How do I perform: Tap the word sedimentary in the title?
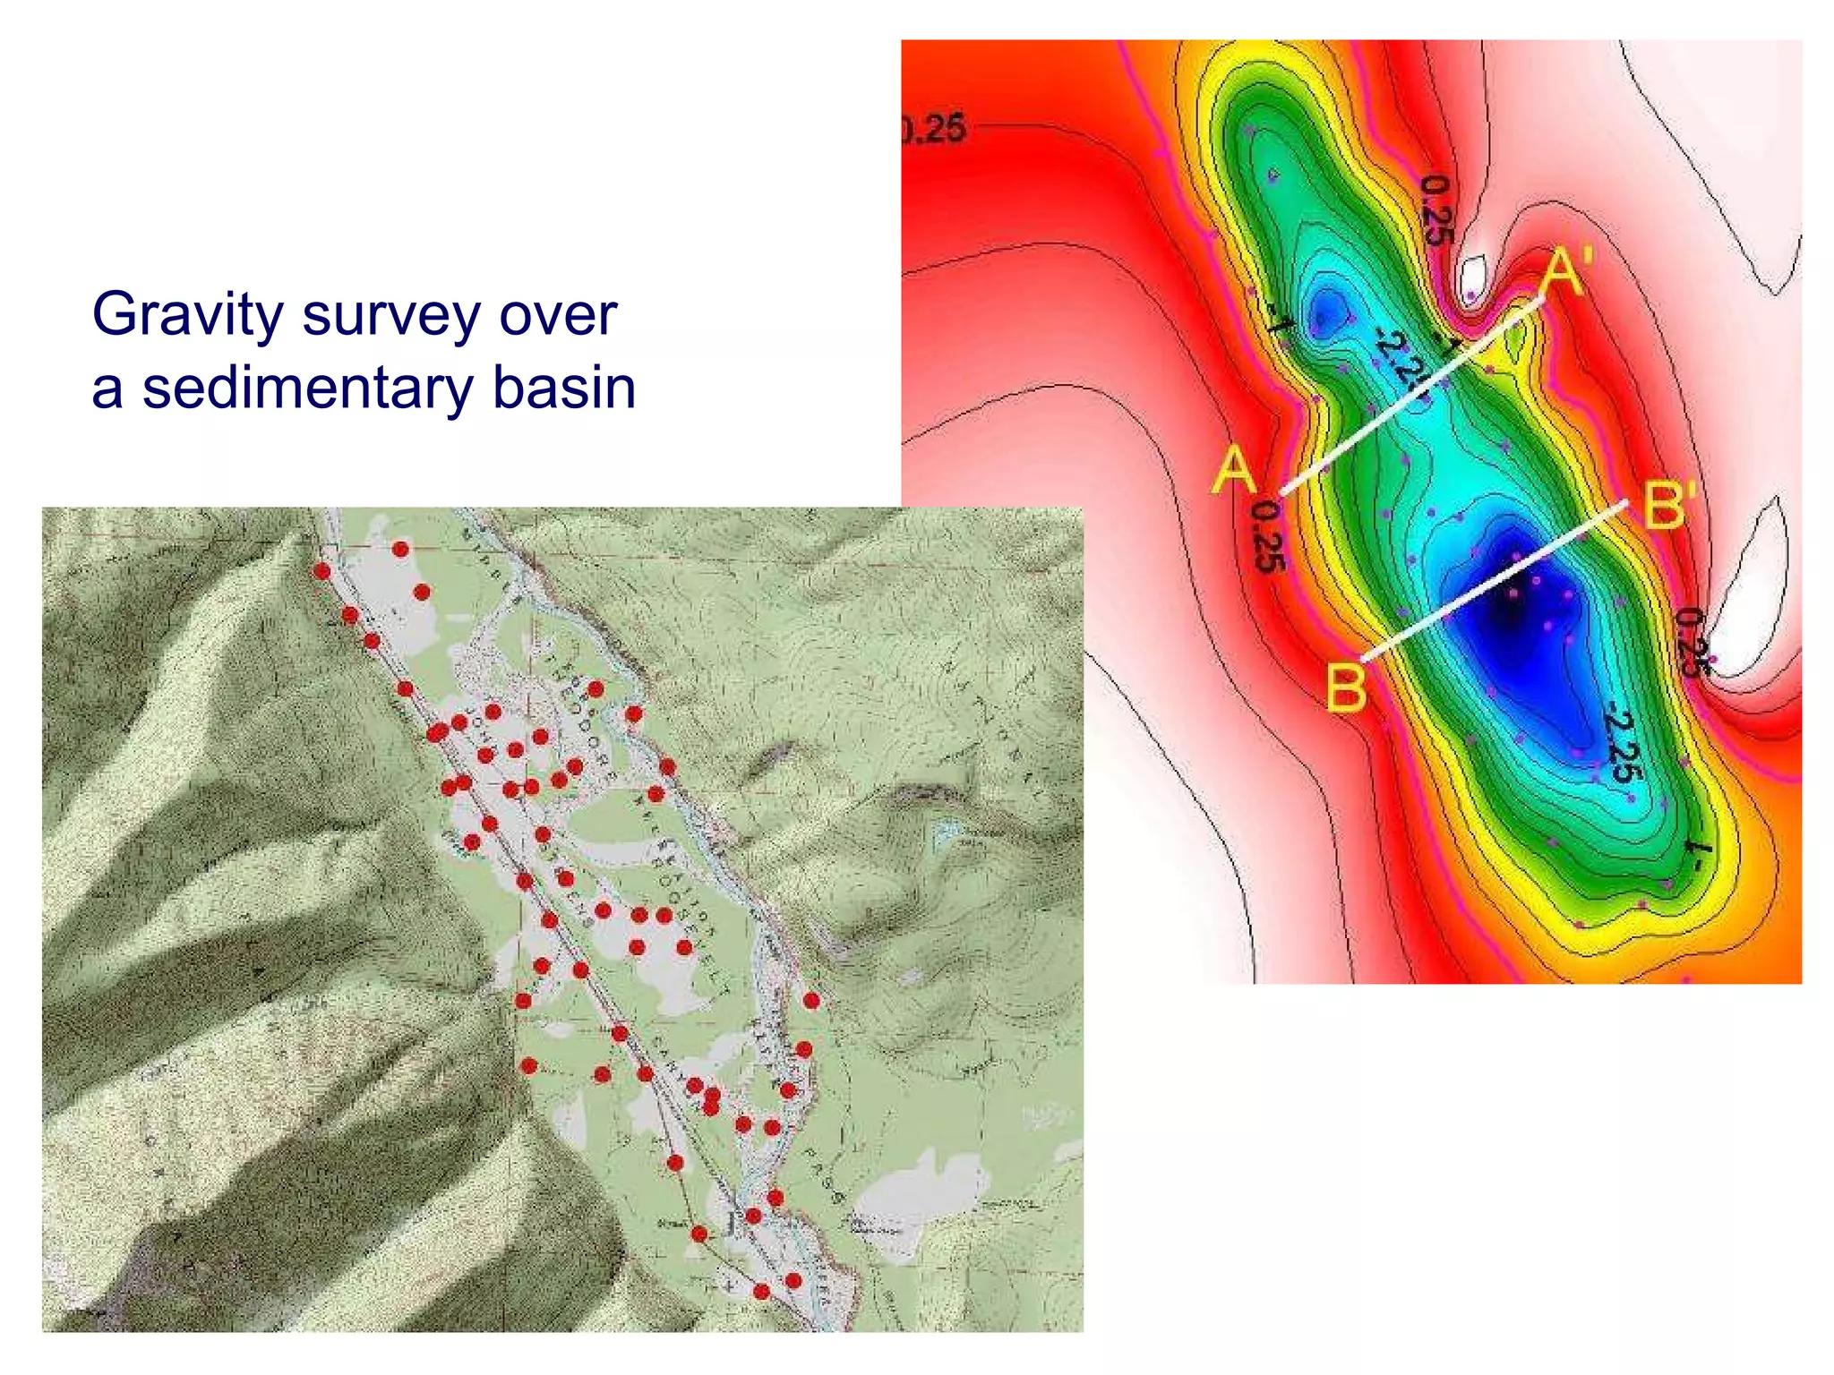pos(307,389)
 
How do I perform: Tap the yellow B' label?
pos(1668,506)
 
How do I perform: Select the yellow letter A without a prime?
pos(1234,469)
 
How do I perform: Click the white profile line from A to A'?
pos(1410,397)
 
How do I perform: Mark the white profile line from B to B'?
pos(1494,582)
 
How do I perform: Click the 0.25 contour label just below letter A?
pos(1268,537)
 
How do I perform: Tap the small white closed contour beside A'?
pos(1472,279)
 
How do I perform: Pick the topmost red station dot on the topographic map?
pos(400,549)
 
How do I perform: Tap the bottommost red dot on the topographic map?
pos(761,1291)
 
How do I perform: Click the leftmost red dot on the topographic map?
pos(322,571)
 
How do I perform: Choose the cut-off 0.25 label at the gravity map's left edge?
pos(934,131)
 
